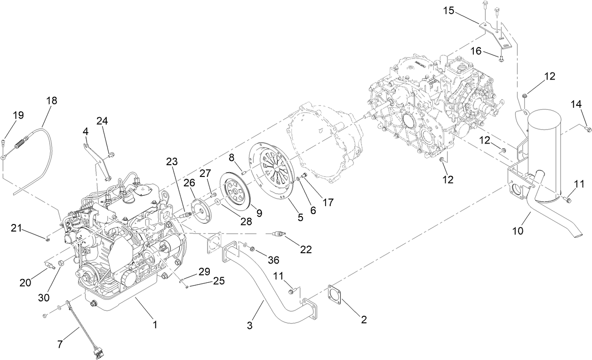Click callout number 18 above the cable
(x=52, y=101)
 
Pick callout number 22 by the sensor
(x=306, y=249)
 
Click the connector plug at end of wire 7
(x=100, y=351)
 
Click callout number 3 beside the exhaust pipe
(x=250, y=325)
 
